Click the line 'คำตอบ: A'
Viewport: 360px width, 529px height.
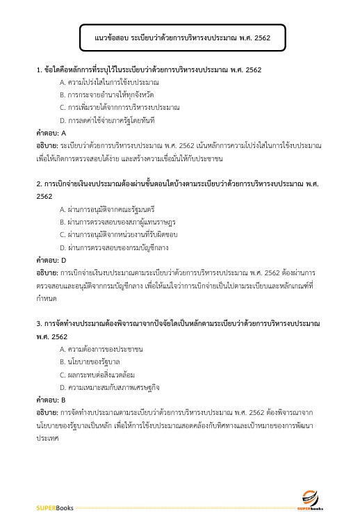click(51, 132)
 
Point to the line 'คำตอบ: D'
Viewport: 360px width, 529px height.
click(51, 259)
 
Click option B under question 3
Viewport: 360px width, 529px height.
click(90, 361)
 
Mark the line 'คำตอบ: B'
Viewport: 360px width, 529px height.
click(51, 400)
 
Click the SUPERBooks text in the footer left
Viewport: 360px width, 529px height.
click(55, 508)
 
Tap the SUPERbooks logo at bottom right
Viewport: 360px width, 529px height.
click(309, 501)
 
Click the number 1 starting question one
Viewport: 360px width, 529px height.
click(39, 70)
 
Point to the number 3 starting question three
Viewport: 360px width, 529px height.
click(39, 324)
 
